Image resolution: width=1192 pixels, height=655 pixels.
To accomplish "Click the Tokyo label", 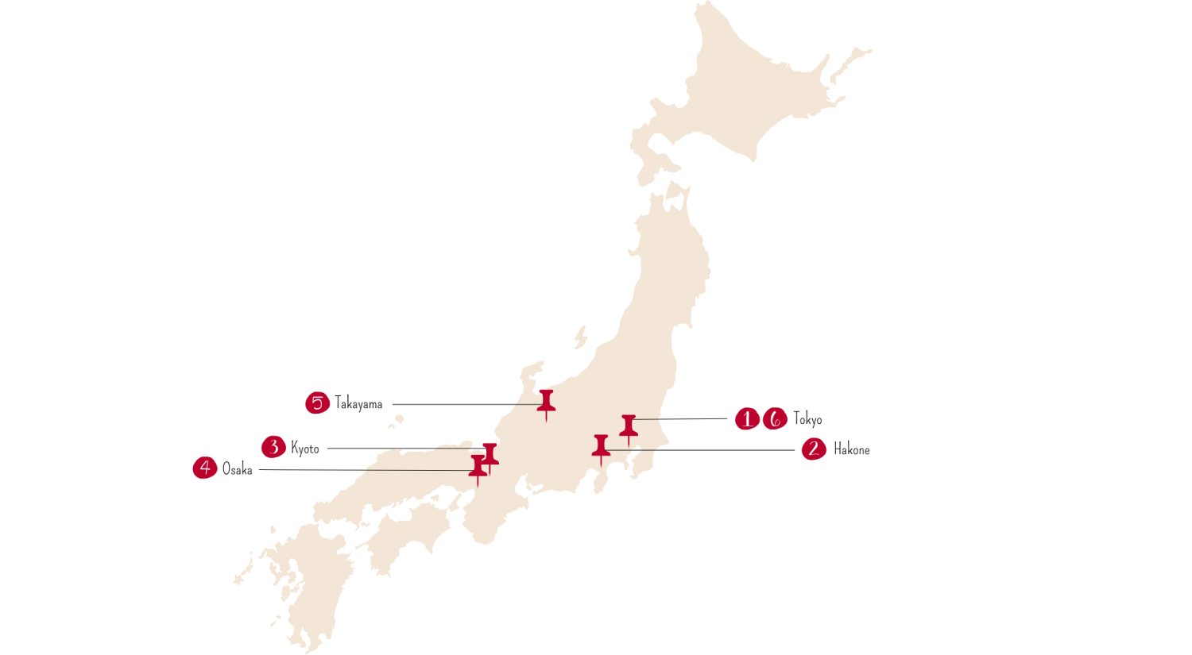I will [807, 419].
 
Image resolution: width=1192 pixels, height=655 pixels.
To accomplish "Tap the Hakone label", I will [851, 450].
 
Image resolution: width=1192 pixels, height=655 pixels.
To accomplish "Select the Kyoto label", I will [305, 449].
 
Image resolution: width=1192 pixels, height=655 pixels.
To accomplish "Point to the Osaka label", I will [237, 469].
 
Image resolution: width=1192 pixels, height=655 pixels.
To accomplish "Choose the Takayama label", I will [358, 403].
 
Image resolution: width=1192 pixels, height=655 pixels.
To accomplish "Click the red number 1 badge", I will [746, 418].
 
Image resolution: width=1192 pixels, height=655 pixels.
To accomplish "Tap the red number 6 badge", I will [775, 418].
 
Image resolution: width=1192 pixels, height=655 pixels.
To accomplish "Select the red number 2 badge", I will [814, 449].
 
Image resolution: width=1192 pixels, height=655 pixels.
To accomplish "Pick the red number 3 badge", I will [273, 447].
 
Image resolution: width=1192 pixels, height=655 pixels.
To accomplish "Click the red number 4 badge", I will [205, 468].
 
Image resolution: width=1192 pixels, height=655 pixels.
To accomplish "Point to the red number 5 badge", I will [317, 403].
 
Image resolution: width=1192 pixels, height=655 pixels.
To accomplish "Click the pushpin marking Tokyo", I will [629, 427].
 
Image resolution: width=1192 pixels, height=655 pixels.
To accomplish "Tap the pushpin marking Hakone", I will [601, 447].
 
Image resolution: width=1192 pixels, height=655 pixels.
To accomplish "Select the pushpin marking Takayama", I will [546, 402].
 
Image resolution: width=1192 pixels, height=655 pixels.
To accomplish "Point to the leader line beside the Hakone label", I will [715, 450].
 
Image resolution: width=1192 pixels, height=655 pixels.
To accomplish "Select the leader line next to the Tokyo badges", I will [683, 418].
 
